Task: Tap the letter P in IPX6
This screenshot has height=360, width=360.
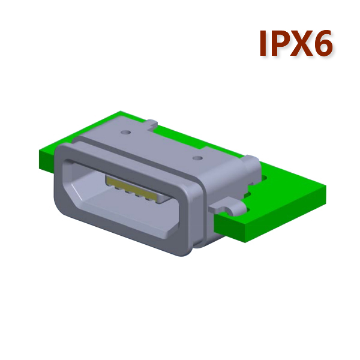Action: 281,43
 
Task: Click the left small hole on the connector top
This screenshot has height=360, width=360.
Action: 125,130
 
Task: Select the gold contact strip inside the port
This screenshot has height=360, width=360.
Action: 134,185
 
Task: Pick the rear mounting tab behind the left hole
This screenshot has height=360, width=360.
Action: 151,125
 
